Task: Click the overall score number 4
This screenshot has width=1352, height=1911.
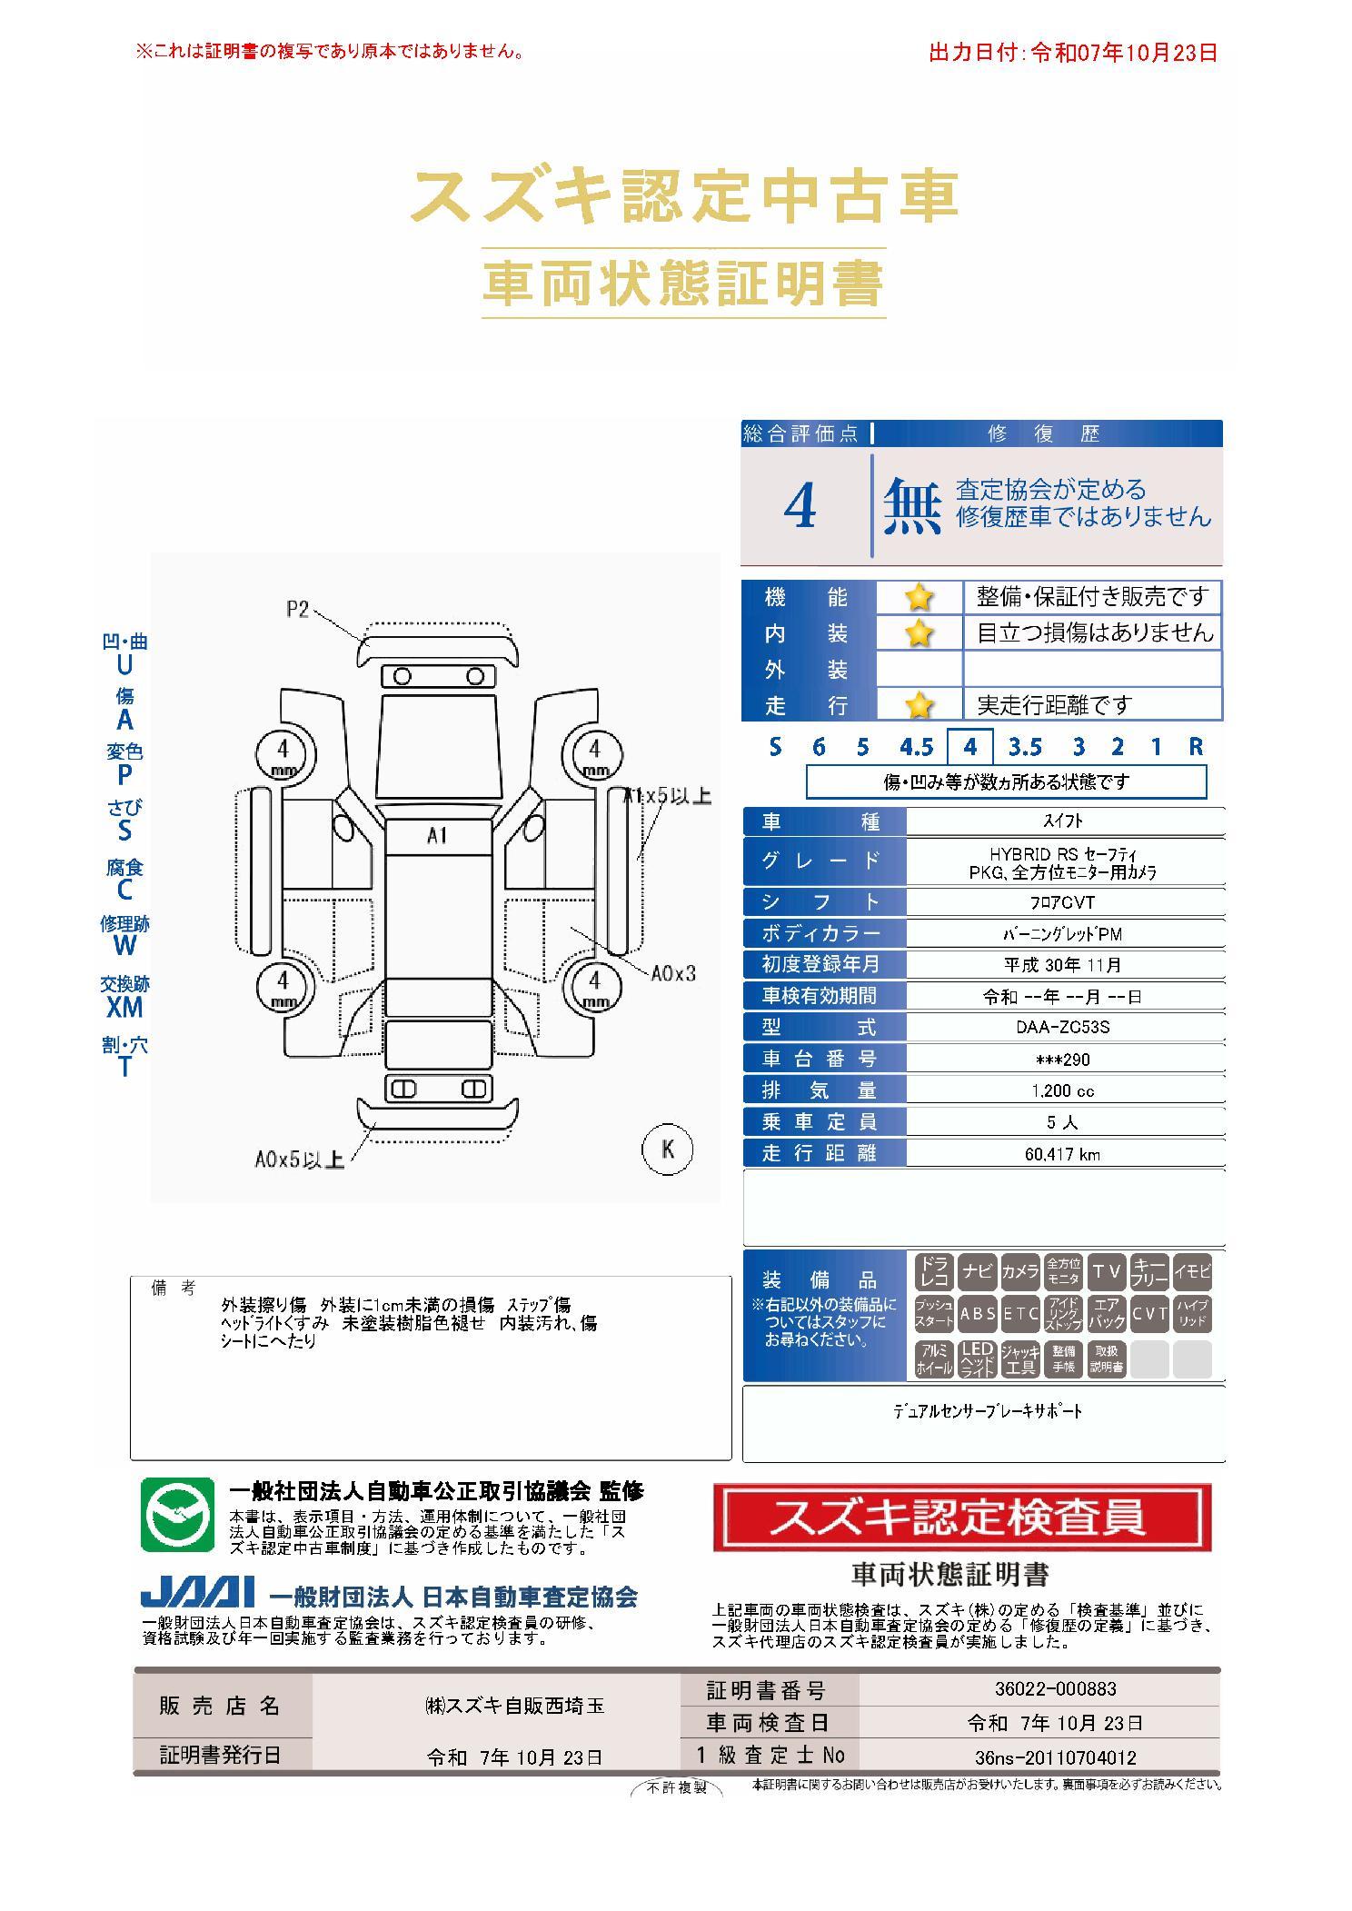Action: tap(800, 506)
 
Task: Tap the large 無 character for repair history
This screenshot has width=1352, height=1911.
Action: tap(912, 505)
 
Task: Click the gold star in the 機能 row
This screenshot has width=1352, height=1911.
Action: tap(920, 597)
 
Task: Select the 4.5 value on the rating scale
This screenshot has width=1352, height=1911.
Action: tap(916, 747)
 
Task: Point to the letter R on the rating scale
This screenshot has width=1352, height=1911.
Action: tap(1196, 747)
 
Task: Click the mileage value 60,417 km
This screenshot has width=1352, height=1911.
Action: tap(1062, 1154)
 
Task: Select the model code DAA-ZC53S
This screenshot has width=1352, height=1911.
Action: tap(1063, 1028)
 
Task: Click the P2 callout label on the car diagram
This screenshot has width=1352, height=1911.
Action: tap(298, 610)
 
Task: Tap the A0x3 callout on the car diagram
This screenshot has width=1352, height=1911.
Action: tap(673, 973)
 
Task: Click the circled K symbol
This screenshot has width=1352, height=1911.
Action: tap(668, 1150)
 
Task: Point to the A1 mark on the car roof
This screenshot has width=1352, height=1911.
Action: tap(438, 835)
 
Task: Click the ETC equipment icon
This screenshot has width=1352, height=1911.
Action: tap(1020, 1314)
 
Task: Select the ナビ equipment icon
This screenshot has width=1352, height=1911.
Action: tap(977, 1271)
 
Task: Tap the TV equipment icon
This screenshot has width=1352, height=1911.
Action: tap(1107, 1271)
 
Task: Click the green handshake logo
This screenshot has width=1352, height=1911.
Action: tap(177, 1515)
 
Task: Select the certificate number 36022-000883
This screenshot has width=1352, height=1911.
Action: tap(1056, 1689)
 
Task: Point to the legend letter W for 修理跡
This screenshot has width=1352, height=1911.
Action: tap(124, 945)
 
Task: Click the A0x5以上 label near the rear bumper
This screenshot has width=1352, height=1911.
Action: tap(299, 1160)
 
